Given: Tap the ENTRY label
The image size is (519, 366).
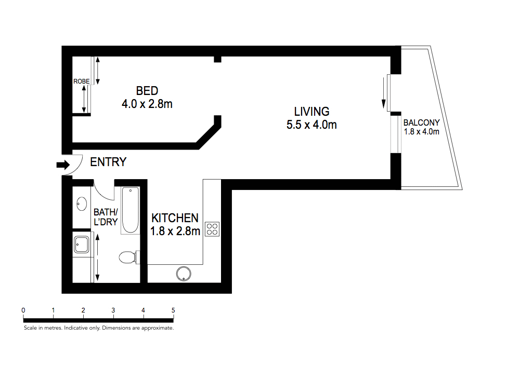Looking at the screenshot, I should (108, 162).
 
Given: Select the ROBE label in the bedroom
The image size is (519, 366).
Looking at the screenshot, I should (81, 82).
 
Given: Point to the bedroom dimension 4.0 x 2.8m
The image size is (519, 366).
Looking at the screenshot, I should (147, 104).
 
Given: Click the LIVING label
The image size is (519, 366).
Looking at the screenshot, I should (312, 112).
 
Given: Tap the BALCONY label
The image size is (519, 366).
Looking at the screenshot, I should (422, 123).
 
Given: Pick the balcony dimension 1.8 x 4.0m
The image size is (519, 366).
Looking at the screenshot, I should (422, 132).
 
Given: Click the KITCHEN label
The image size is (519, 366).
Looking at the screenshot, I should (175, 218).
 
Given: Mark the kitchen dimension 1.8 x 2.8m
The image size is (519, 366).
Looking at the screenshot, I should (175, 232).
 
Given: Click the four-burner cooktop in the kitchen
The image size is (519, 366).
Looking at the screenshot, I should (212, 229).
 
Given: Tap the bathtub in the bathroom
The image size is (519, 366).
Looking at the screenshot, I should (130, 210).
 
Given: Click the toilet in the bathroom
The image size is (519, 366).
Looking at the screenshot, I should (127, 257).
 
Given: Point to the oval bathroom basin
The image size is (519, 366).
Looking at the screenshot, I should (82, 204).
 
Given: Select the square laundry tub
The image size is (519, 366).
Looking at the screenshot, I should (82, 244).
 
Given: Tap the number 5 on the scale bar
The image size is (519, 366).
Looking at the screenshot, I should (173, 310).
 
